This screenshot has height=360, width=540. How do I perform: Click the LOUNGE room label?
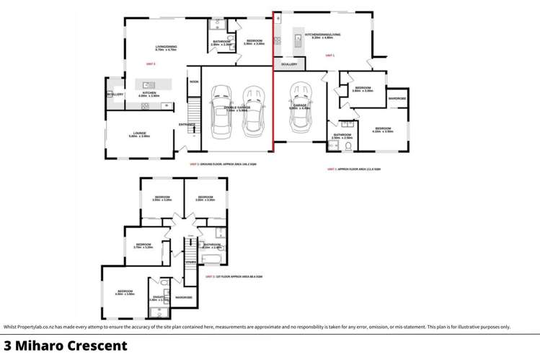tap(139, 133)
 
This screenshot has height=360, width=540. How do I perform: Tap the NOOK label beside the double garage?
tap(193, 82)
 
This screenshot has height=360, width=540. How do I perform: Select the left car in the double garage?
tap(221, 112)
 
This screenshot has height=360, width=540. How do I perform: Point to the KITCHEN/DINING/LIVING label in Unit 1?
tap(322, 34)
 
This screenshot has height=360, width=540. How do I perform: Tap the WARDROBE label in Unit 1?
tap(397, 98)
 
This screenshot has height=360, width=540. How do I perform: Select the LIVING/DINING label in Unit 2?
tap(166, 48)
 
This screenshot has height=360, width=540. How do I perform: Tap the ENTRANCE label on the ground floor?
tap(187, 124)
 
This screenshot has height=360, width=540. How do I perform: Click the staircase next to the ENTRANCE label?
tap(193, 114)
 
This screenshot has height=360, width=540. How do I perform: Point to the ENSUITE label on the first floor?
tap(158, 297)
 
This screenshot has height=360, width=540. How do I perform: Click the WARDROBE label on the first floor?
tap(184, 297)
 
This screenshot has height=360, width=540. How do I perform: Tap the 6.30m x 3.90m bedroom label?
tap(125, 291)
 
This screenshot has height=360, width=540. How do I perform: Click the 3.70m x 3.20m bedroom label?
tap(144, 245)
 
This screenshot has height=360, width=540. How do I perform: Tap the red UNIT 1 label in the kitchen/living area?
tap(329, 55)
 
